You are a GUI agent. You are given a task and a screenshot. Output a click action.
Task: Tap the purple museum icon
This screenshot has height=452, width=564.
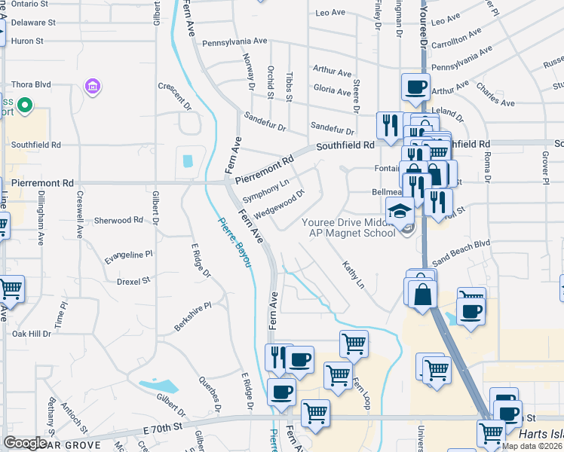point(93,87)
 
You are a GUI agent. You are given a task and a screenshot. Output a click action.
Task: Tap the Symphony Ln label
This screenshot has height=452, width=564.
point(266,191)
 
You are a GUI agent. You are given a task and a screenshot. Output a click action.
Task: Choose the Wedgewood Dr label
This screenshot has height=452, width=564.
point(279,204)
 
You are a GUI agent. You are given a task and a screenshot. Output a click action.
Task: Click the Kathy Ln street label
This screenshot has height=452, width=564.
point(353,276)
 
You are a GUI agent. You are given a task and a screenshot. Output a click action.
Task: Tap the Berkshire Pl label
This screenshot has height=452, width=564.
point(192,315)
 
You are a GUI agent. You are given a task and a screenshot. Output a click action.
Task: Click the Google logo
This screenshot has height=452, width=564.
point(26,443)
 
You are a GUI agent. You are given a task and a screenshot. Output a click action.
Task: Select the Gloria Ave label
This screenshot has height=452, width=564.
point(333,91)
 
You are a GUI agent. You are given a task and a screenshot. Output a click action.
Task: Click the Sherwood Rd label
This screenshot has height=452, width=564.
point(118,220)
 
